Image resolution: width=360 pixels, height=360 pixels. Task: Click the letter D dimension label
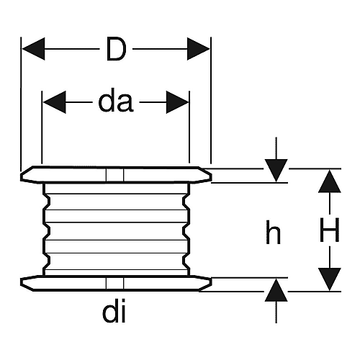click(x=116, y=49)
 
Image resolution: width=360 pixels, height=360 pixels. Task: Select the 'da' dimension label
click(x=116, y=102)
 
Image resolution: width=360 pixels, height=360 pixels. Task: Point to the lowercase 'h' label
click(x=273, y=232)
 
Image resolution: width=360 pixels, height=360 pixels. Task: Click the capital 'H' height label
click(x=330, y=230)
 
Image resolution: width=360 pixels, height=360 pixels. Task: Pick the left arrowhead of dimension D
click(x=33, y=49)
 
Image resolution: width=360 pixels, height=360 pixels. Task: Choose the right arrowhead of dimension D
click(x=198, y=49)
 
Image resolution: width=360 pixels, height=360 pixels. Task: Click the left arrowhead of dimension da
click(x=55, y=102)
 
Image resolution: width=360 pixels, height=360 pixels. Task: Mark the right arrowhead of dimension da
click(x=177, y=102)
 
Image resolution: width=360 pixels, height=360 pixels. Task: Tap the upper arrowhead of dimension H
click(x=330, y=181)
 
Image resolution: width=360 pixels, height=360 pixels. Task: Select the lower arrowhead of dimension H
click(x=330, y=279)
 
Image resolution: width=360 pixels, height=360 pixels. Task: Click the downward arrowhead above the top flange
click(x=276, y=171)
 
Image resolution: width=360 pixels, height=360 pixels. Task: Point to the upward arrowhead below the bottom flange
click(x=276, y=290)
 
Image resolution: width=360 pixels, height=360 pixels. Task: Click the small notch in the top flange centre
click(x=114, y=175)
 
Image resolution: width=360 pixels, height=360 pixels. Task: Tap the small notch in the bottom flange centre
click(x=114, y=284)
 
